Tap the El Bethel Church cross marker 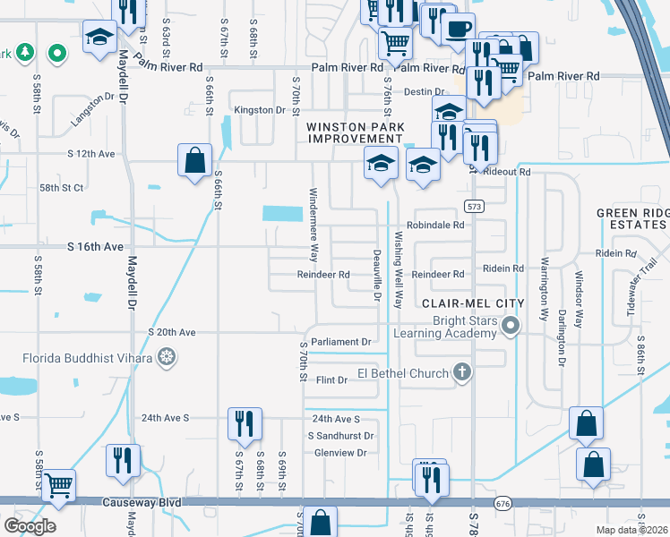[462, 371]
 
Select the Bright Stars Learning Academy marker [511, 324]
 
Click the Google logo [30, 525]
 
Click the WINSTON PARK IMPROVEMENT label [355, 133]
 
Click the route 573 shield [475, 207]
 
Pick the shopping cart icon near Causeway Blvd [60, 485]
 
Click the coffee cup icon [458, 28]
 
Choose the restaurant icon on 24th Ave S [245, 422]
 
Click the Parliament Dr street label [341, 342]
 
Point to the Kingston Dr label [259, 110]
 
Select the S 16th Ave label [94, 245]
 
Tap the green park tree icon [28, 55]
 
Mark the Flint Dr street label [331, 380]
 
